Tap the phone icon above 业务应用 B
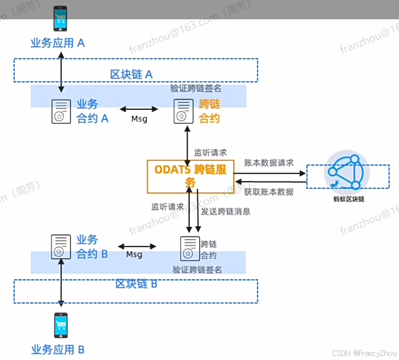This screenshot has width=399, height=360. point(61,325)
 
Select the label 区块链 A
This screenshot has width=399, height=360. point(131,74)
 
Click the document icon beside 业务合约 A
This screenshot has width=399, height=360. point(60,111)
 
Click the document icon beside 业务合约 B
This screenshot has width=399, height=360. point(60,246)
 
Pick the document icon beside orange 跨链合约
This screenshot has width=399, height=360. point(183,111)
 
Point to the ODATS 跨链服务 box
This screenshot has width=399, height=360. point(190,176)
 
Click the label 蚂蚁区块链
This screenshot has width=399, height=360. point(348,199)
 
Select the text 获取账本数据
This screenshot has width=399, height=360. point(268,191)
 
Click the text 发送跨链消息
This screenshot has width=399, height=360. point(226,211)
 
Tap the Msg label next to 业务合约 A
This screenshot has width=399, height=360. point(139,119)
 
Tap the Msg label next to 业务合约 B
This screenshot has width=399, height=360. point(134,254)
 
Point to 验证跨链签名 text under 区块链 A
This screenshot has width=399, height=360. point(195,88)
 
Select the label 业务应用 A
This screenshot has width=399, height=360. point(57,43)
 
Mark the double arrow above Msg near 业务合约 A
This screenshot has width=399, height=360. point(138,109)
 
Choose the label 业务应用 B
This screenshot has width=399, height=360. point(57,349)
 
